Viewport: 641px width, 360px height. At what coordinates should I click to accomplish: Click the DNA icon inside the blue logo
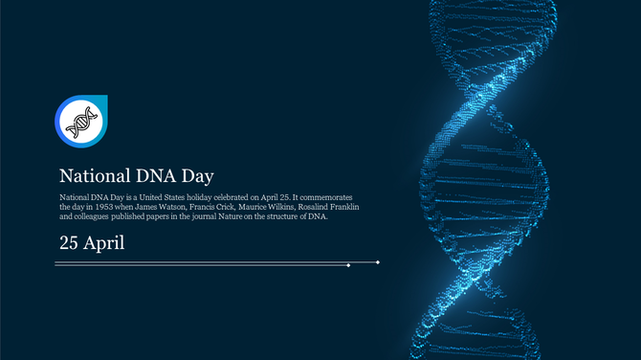coord(80,122)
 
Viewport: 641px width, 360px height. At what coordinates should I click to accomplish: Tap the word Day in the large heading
coord(197,176)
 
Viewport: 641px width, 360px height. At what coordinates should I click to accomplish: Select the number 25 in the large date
coord(69,242)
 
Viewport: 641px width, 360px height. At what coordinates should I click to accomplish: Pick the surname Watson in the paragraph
coord(177,206)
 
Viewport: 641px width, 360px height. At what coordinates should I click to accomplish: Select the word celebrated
coord(232,195)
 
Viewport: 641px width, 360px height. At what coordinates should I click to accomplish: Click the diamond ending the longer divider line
coord(379,261)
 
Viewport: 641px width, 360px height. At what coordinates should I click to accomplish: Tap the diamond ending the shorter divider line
coord(348,265)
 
